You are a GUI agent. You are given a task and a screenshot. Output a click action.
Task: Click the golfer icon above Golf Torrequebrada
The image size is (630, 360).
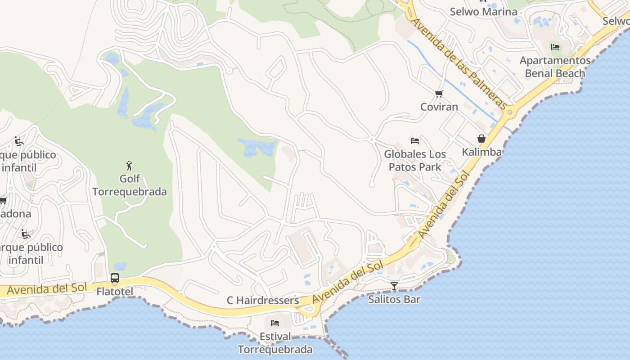(x=130, y=166)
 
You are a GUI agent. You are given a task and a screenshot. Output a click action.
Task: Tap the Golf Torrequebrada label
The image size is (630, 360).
(x=130, y=185)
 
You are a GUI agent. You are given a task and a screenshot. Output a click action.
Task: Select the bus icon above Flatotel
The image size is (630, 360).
(x=115, y=278)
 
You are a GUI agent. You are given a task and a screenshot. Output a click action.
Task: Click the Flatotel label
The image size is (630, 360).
(x=115, y=292)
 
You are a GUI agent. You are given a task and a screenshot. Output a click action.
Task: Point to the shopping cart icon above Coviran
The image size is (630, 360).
(x=439, y=94)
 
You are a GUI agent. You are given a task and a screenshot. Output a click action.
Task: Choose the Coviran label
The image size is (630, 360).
(x=439, y=107)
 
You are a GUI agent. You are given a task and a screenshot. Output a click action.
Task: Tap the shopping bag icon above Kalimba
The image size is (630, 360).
(x=481, y=139)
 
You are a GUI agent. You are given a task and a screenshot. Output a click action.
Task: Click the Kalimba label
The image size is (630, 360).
(x=481, y=152)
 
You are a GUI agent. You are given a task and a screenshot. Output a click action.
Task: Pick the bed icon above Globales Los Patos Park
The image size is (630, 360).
(x=415, y=141)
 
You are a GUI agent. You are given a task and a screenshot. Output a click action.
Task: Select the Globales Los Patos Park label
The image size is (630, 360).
(x=415, y=160)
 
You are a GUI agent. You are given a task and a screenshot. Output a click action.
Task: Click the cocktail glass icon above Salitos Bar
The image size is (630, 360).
(x=394, y=286)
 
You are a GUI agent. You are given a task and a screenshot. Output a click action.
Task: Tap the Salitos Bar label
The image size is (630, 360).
(x=394, y=299)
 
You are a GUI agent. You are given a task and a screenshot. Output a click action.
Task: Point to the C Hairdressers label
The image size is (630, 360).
(x=263, y=300)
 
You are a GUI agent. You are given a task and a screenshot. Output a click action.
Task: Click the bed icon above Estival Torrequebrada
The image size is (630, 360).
(x=275, y=323)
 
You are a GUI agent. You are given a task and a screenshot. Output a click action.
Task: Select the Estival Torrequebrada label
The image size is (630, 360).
(x=275, y=343)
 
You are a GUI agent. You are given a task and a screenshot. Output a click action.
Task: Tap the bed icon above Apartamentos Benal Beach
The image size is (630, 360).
(x=555, y=47)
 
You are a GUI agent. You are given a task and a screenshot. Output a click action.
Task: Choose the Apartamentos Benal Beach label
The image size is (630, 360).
(x=555, y=67)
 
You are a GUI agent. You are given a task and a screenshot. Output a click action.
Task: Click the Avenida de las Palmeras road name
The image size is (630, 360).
(x=459, y=63)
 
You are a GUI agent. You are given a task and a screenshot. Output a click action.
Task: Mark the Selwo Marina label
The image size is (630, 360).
(x=483, y=11)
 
